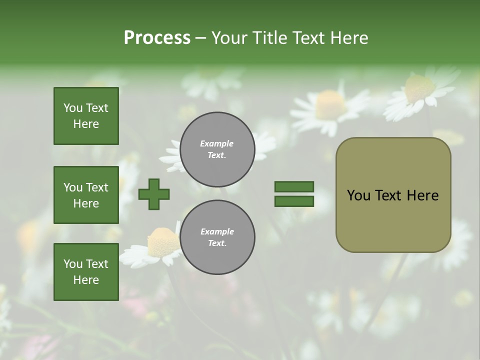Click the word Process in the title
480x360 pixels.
coord(157,38)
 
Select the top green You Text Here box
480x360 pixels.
coord(86,116)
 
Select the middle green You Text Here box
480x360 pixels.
coord(86,195)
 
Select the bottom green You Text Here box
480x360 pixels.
coord(86,271)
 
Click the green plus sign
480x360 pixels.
coord(154,194)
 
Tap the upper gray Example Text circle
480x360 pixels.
coord(217,149)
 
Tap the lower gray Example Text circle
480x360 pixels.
coord(217,237)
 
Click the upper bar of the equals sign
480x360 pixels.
coord(294,187)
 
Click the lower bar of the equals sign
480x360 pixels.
coord(294,201)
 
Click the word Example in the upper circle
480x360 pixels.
coord(217,143)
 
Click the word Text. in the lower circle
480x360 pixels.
coord(217,243)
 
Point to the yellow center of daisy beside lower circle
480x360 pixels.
coord(163,242)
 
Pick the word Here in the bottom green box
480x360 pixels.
coord(86,280)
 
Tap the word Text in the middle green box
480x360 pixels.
coord(96,187)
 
